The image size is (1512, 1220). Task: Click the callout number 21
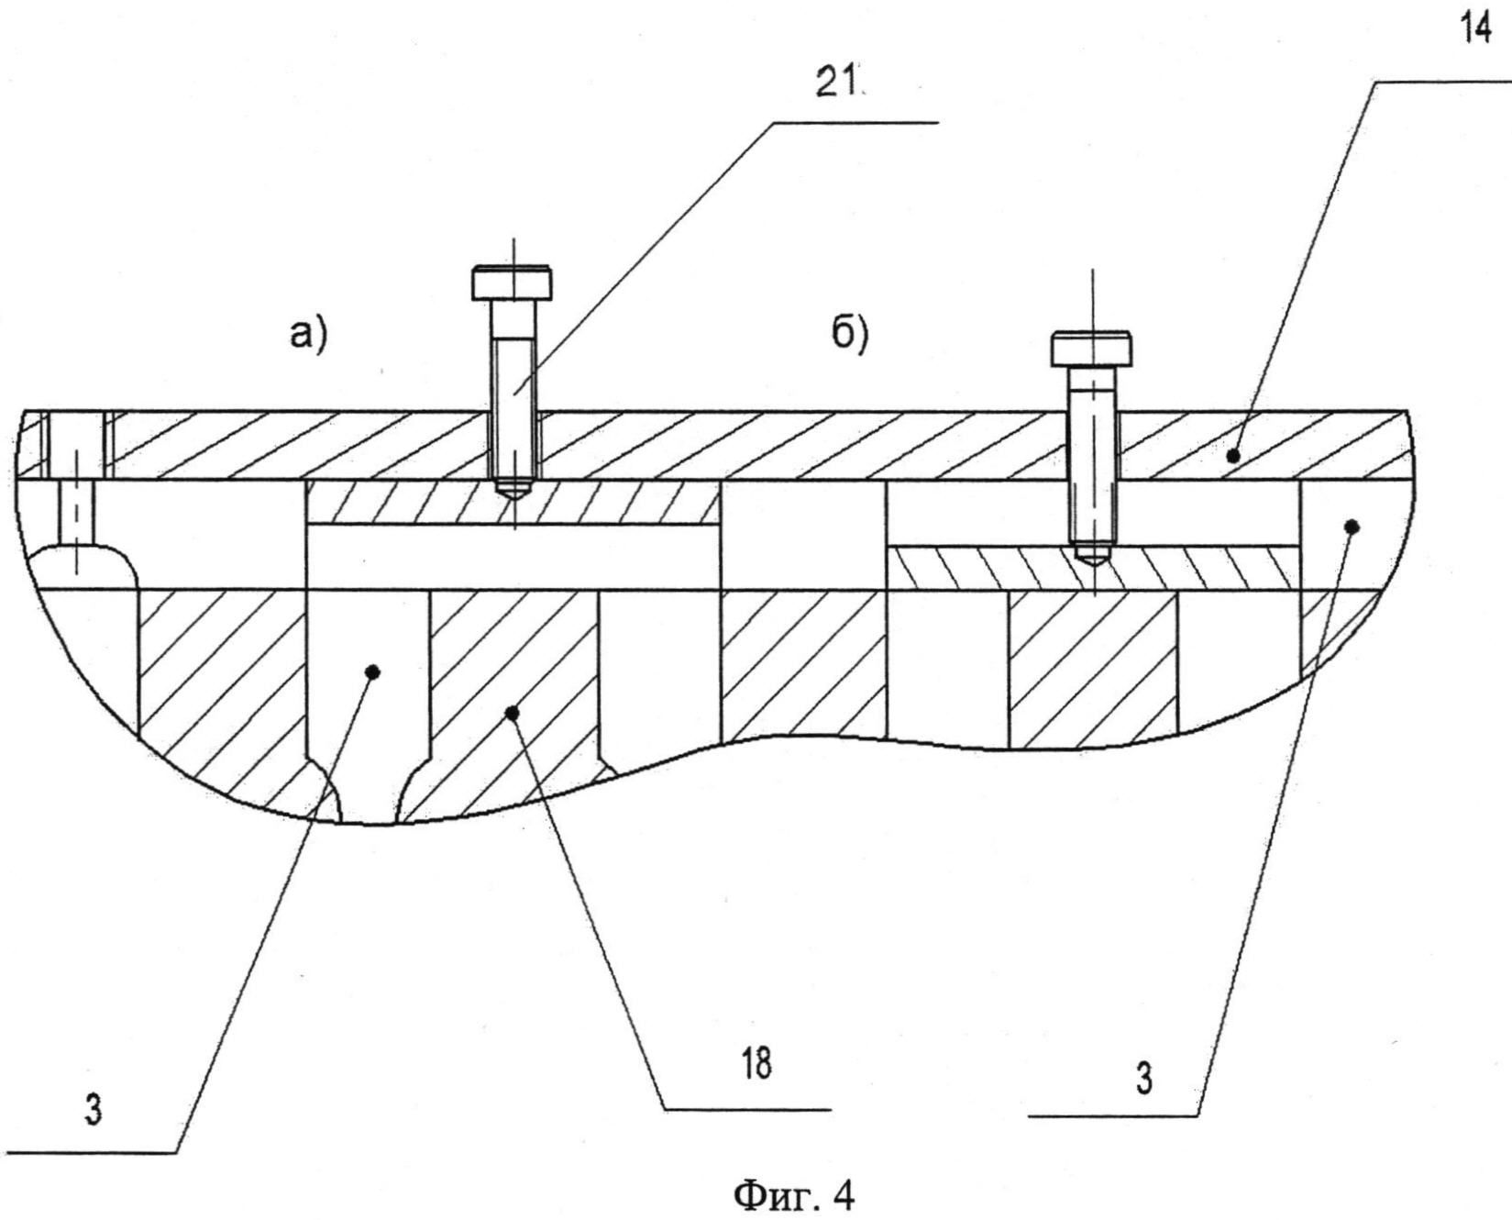click(x=836, y=85)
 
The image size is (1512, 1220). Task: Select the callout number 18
click(x=757, y=1064)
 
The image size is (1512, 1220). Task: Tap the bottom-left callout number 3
click(x=93, y=1111)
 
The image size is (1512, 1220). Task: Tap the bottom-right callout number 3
click(x=1145, y=1079)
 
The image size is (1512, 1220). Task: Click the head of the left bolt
click(x=513, y=283)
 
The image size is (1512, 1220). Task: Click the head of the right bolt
click(x=1091, y=349)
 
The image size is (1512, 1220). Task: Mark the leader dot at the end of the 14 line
click(x=1234, y=453)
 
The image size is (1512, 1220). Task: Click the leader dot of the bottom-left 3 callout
click(x=372, y=671)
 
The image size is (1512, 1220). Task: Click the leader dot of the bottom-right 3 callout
click(x=1351, y=526)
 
